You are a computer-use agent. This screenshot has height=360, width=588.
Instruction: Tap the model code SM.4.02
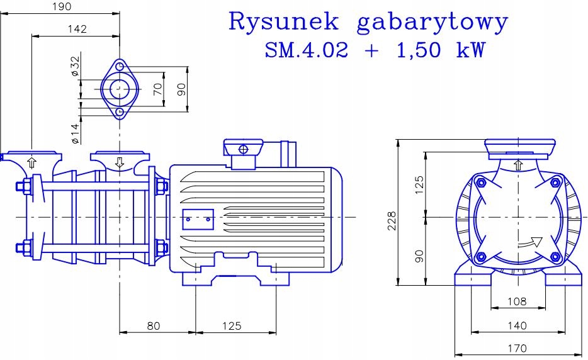point(306,50)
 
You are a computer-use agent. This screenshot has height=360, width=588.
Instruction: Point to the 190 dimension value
point(60,6)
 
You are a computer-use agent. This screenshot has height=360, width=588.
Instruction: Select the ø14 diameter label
point(75,133)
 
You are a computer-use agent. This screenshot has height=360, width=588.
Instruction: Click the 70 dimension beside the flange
point(158,89)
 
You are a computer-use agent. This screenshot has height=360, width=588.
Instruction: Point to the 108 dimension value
point(516,301)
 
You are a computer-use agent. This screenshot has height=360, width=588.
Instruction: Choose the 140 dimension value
point(516,325)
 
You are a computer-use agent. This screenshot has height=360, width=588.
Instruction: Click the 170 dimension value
point(516,348)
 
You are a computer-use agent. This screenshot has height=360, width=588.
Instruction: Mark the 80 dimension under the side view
point(154,325)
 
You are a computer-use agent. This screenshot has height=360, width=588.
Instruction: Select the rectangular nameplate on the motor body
point(198,220)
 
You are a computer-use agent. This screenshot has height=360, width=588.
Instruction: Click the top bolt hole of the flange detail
point(119,67)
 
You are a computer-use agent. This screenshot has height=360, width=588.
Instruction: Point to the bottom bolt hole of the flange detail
point(119,111)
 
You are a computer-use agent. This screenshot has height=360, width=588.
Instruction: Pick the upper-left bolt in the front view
point(481,183)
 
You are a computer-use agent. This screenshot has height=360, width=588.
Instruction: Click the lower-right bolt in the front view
point(555,256)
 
